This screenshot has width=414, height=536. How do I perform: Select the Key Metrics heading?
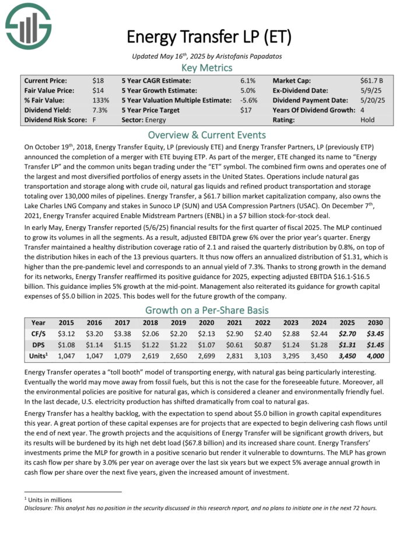pos(207,68)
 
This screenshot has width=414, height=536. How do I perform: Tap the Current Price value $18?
pos(97,80)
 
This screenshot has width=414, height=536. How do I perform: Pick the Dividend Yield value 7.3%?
pos(100,110)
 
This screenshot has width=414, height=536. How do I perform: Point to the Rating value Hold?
pos(369,120)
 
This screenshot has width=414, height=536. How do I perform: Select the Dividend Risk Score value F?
pos(94,120)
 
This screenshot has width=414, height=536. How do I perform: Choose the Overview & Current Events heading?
pos(207,135)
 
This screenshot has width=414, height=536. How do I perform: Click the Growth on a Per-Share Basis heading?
pos(207,310)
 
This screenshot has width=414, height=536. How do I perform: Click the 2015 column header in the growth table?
pos(67,323)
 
